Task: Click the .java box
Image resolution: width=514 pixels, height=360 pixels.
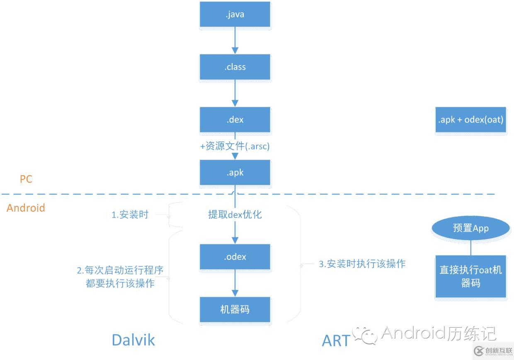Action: [235, 14]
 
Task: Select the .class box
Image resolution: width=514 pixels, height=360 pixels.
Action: [235, 67]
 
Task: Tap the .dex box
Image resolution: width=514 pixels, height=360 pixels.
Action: [235, 120]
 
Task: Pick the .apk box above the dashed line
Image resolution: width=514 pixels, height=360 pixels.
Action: [235, 173]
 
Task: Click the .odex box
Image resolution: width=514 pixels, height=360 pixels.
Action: [235, 257]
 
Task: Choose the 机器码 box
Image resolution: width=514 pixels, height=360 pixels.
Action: [235, 309]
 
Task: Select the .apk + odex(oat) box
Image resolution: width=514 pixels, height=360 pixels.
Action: [470, 120]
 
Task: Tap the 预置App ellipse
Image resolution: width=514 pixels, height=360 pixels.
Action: [470, 228]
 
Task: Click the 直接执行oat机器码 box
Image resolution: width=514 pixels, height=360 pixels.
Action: [470, 276]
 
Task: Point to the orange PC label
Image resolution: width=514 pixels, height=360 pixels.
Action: [26, 179]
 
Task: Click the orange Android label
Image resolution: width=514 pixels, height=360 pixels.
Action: [26, 208]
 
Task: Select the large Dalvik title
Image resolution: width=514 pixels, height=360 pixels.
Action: [133, 340]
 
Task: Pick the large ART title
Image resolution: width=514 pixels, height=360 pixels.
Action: [336, 341]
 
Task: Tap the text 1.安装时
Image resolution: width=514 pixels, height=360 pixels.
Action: [130, 215]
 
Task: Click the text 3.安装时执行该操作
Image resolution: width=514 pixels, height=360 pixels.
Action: [362, 264]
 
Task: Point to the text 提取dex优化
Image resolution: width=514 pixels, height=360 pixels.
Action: [235, 215]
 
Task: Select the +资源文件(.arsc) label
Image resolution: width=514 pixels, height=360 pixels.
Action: [235, 146]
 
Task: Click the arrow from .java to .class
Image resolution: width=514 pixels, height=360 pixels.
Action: [235, 41]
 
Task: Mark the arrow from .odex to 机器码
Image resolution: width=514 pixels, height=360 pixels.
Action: [235, 283]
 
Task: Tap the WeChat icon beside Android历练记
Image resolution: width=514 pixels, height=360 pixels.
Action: [364, 333]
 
